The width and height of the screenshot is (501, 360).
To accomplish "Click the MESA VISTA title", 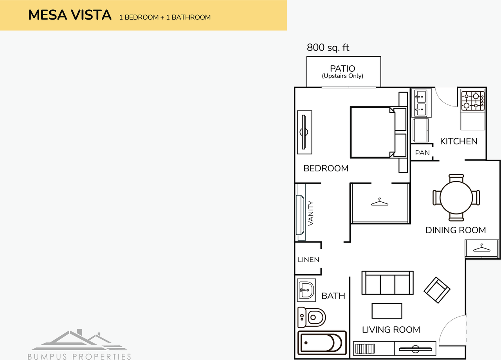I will click(x=70, y=16).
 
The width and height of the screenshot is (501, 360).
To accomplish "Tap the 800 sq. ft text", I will click(x=328, y=48).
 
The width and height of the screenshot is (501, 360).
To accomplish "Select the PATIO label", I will click(x=342, y=69).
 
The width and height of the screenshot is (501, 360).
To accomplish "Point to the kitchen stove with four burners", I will click(x=473, y=100).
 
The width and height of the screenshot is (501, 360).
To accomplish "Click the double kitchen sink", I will click(x=421, y=103).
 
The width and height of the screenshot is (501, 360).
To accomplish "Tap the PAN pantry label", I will click(x=422, y=153).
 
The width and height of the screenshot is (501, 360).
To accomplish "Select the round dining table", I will click(x=456, y=198).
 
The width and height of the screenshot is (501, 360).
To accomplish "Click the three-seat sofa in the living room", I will click(x=387, y=283).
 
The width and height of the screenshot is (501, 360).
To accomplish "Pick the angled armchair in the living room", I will click(x=437, y=290).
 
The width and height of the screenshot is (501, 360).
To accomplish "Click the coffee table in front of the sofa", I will click(x=387, y=311).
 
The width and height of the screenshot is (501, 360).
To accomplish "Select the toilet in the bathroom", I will click(x=312, y=317).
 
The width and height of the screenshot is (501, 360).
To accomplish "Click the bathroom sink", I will click(x=306, y=290).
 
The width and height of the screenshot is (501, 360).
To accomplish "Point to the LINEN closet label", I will click(x=308, y=259).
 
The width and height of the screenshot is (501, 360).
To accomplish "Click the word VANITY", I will click(x=311, y=213).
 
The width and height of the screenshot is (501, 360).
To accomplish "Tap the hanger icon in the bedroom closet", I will click(x=380, y=202).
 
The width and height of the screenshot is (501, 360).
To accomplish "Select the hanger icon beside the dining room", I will click(x=482, y=248).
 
